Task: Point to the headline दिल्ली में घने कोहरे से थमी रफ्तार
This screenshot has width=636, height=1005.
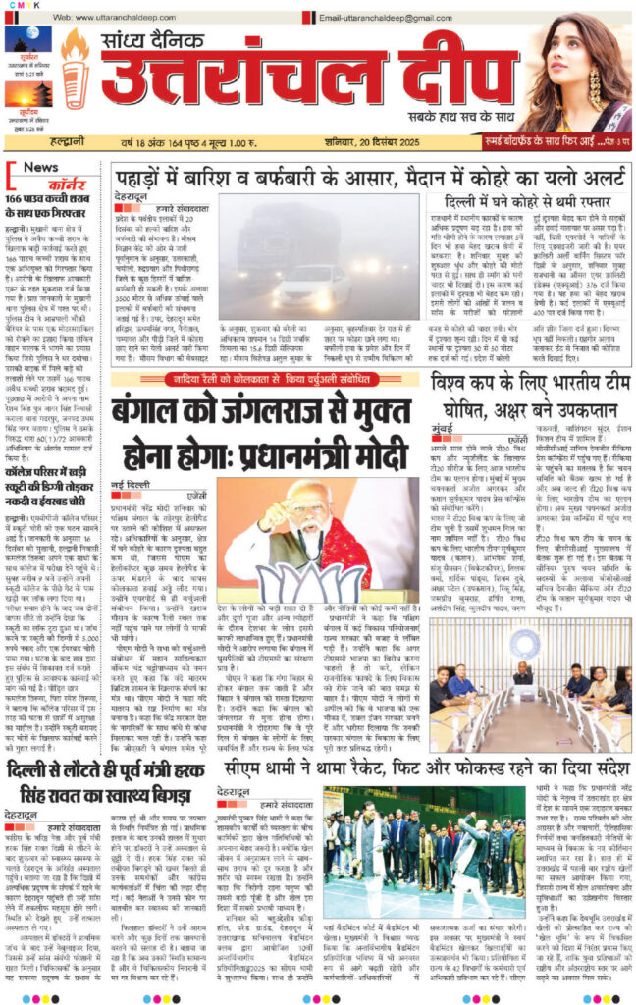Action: pos(526,205)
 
